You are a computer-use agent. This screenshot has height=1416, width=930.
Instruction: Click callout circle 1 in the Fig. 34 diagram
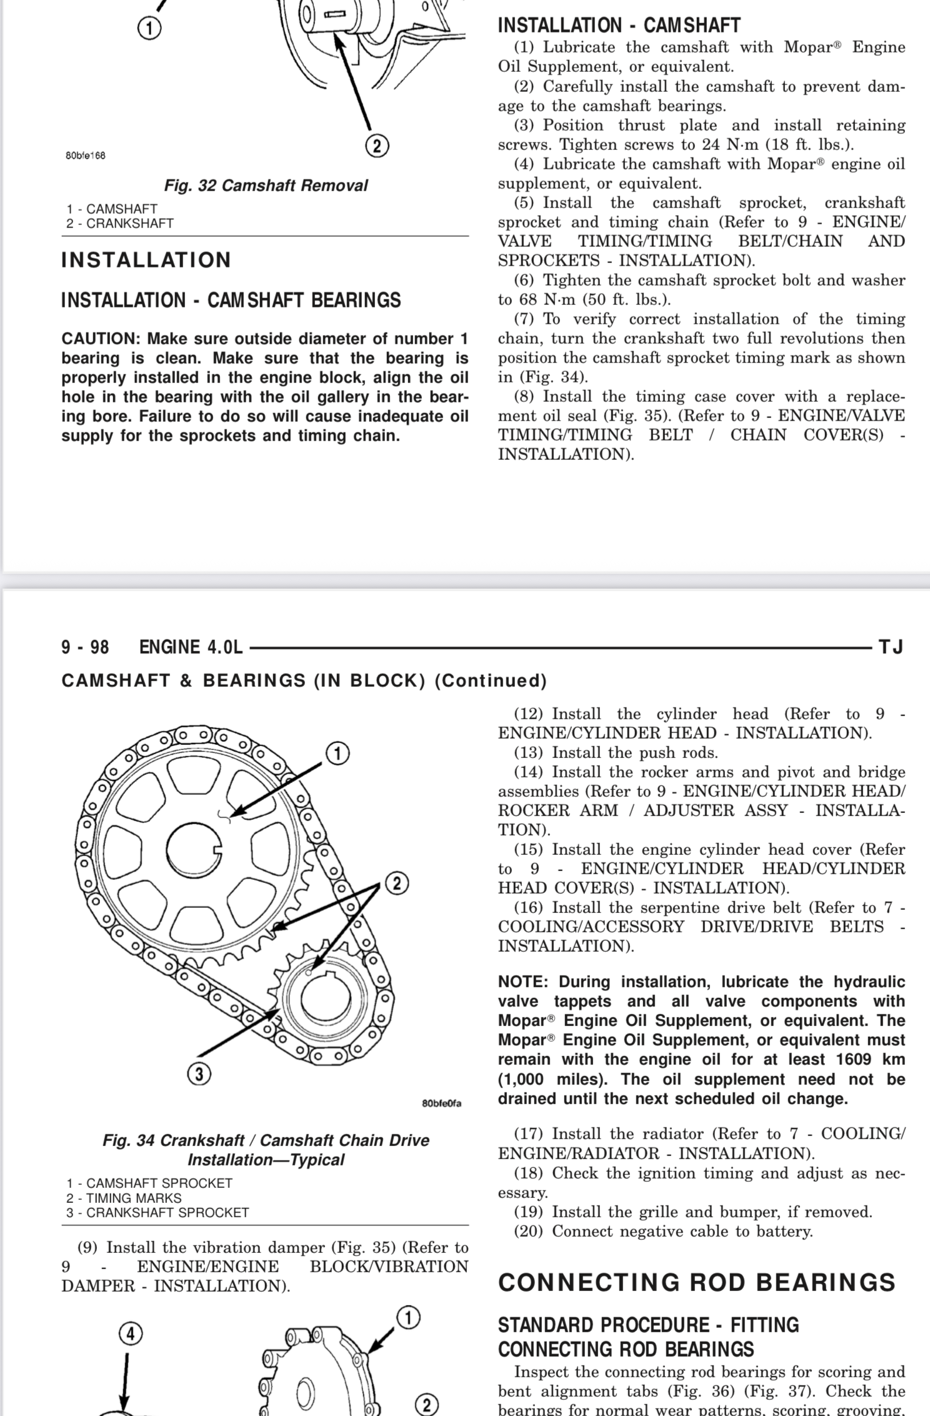(337, 753)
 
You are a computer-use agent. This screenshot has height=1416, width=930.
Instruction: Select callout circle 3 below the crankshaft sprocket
(199, 1074)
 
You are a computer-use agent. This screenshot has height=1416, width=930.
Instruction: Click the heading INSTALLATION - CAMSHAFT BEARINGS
(231, 301)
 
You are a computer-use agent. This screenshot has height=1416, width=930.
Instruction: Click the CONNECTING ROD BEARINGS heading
(697, 1282)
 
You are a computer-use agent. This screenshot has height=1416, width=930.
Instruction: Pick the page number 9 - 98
(85, 647)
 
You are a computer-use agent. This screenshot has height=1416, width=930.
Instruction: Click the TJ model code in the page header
(891, 647)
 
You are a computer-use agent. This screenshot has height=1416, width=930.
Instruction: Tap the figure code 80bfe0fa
(441, 1103)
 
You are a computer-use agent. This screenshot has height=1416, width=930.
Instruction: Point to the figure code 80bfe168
(86, 156)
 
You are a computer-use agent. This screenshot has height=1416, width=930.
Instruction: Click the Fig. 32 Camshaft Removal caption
(266, 186)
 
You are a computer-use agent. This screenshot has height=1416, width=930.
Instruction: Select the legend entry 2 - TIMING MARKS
(124, 1198)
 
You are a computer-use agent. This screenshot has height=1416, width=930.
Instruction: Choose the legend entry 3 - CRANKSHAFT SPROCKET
(157, 1212)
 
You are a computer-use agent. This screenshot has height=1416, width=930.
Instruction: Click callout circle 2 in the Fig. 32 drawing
(376, 146)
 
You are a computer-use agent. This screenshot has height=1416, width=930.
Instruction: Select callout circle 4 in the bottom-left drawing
(130, 1334)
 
